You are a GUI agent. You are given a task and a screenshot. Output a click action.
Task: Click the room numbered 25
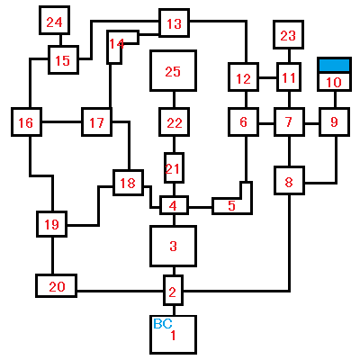click(x=173, y=71)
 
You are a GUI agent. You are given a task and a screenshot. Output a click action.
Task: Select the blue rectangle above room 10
click(x=334, y=65)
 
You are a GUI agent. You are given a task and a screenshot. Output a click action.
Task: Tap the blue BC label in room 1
click(x=163, y=324)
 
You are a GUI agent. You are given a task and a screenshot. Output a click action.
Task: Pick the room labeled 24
click(x=54, y=21)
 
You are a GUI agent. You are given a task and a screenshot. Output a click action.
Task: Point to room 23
click(x=288, y=34)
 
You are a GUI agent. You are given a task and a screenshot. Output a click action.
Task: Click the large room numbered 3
click(x=173, y=246)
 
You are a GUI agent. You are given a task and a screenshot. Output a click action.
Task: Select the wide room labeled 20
click(x=57, y=286)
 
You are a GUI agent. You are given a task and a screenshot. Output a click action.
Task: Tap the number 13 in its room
click(x=174, y=23)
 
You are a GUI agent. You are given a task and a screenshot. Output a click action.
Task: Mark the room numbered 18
click(x=128, y=183)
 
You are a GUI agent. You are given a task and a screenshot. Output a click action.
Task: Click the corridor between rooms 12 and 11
click(x=267, y=78)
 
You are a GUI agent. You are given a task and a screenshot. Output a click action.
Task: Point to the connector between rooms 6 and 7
click(x=266, y=122)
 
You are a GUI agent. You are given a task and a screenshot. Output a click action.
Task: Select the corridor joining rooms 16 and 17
click(x=61, y=121)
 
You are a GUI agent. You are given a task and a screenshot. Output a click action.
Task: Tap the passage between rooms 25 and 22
click(x=174, y=99)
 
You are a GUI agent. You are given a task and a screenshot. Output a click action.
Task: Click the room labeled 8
click(x=289, y=181)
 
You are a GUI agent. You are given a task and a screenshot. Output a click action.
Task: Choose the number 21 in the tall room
click(x=173, y=169)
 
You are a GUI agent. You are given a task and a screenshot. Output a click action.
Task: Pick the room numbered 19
click(x=51, y=224)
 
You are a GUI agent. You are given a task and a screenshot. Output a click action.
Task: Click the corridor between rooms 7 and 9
click(x=311, y=122)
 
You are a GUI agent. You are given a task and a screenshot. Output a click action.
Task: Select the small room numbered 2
click(x=173, y=291)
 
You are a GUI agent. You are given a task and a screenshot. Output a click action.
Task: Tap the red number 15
click(x=63, y=60)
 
